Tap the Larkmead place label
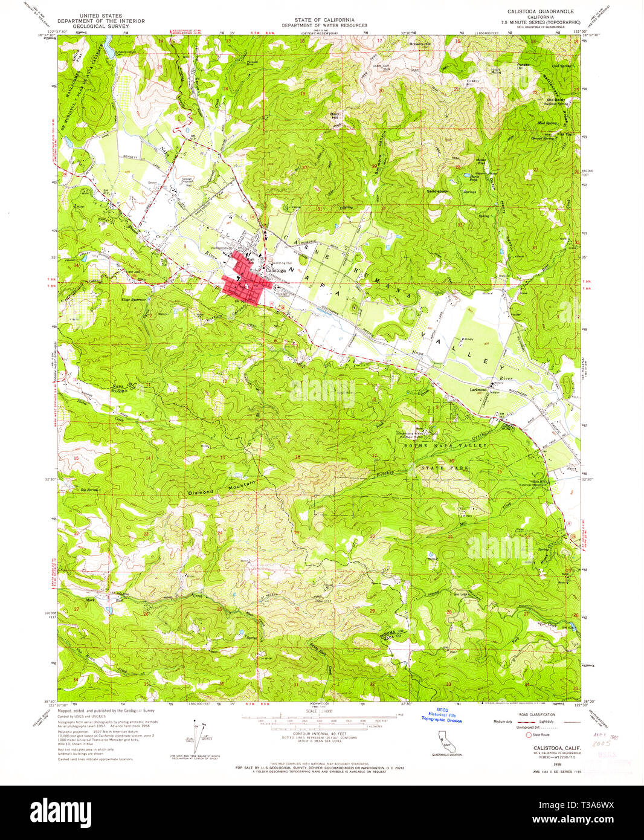[478, 390]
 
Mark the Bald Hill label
[335, 115]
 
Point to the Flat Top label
[564, 134]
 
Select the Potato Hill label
[523, 65]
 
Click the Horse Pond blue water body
[469, 178]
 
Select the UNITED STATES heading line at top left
[100, 16]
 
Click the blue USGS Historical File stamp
[441, 716]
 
